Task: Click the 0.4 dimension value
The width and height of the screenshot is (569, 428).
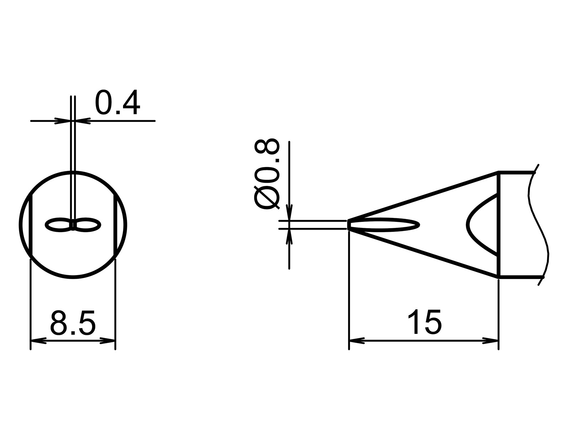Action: coord(117,103)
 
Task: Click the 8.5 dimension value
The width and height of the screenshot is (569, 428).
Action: coord(73,323)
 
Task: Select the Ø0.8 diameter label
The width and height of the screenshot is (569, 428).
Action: coord(267,174)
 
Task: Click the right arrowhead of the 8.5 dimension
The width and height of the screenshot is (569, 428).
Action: coord(108,341)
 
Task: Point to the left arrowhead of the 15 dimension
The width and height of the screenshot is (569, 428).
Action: coord(357,341)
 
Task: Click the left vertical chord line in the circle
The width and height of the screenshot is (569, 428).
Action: coord(32,224)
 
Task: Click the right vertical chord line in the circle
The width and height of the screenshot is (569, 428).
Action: coord(115,224)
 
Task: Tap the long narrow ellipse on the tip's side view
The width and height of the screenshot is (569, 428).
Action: coord(384,224)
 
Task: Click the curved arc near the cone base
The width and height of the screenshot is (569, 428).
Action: coord(469,224)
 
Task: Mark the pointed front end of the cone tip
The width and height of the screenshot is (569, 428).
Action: coord(349,225)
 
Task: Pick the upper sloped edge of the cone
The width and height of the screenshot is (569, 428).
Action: coord(423,196)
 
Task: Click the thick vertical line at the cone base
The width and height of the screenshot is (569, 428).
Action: coord(499,224)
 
